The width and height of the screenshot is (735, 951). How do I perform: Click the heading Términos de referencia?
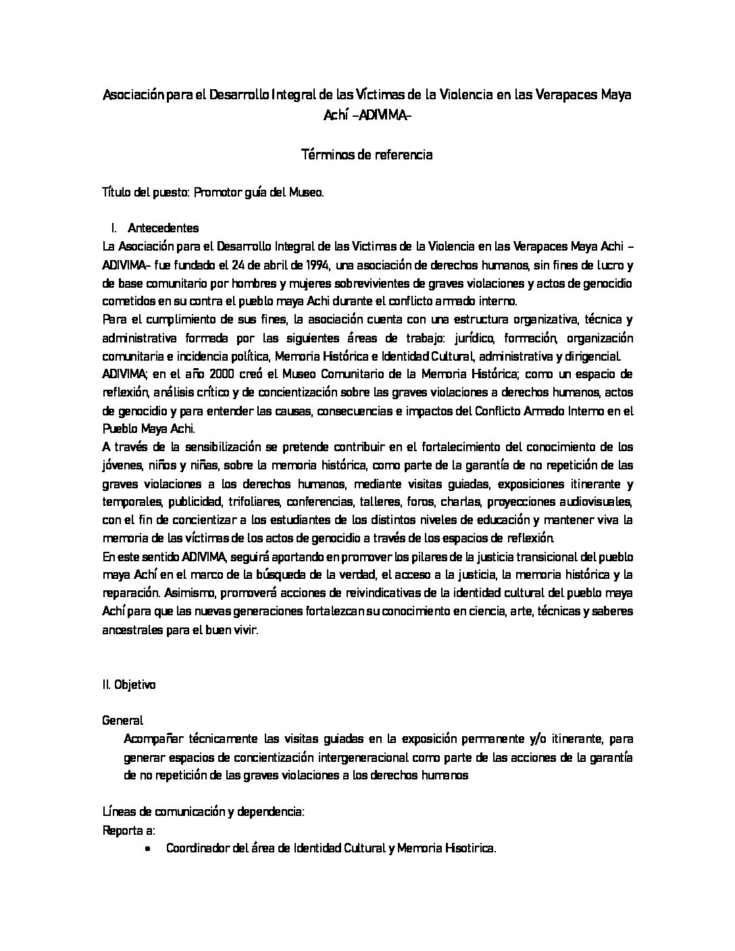pos(367,155)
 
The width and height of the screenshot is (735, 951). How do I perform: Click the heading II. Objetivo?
pos(129,684)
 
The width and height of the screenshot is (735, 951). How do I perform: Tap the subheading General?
pos(122,721)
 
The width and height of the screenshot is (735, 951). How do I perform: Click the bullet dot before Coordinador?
pos(148,848)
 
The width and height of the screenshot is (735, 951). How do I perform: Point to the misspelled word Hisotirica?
pos(470,848)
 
